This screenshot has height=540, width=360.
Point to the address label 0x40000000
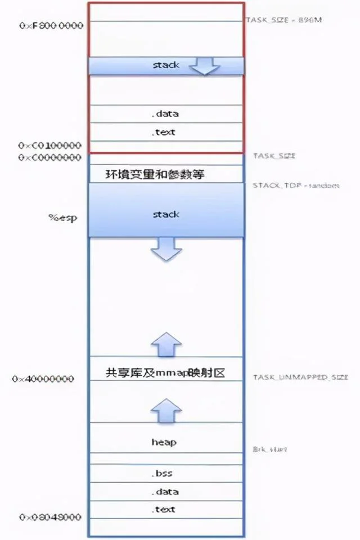tap(43, 379)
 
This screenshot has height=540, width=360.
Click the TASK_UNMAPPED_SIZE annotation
tap(300, 377)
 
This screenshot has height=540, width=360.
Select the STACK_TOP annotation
tap(295, 185)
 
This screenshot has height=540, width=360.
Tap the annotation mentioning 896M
tap(284, 20)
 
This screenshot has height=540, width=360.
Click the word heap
tap(165, 442)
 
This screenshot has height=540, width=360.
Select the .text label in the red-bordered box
tap(165, 132)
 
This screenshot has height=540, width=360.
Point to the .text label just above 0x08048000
tap(165, 509)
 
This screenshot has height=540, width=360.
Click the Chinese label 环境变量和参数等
tap(155, 174)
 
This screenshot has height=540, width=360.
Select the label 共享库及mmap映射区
tap(165, 372)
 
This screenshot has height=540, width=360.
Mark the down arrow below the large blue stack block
tap(166, 249)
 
